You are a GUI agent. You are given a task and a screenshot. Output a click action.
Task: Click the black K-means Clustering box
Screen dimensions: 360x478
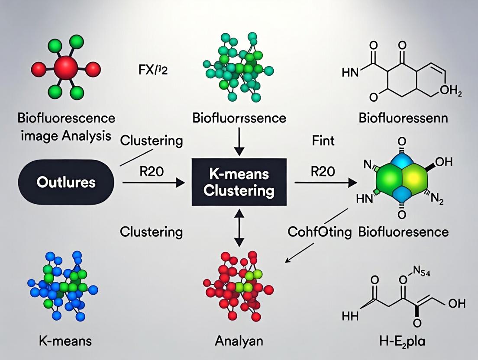pos(239,182)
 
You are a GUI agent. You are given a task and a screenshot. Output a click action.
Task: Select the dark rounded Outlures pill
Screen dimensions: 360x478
pos(66,182)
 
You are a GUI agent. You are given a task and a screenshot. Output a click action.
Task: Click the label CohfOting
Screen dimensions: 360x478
pos(320,232)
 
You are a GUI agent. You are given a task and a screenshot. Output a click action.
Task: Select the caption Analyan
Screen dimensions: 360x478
pos(239,341)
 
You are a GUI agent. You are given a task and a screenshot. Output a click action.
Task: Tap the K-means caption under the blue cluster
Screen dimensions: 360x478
pos(65,341)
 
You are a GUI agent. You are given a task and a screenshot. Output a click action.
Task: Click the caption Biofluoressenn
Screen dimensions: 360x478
pos(403,118)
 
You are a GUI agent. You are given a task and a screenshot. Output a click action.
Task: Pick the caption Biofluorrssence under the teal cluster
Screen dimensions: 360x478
pos(239,118)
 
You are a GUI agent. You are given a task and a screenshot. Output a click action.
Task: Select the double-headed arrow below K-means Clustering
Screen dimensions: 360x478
pos(239,226)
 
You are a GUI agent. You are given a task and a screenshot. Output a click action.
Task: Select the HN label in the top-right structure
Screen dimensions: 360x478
pos(351,72)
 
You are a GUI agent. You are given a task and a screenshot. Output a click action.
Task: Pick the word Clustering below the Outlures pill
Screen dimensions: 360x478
pos(151,232)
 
